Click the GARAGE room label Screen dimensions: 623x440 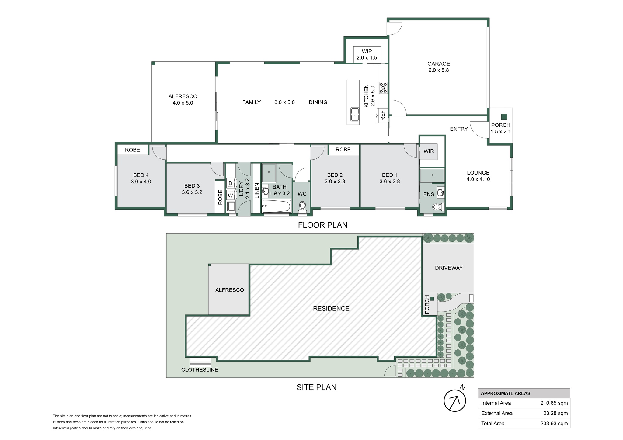[x=438, y=64]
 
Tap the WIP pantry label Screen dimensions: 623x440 [x=367, y=51]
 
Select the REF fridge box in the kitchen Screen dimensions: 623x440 [x=382, y=116]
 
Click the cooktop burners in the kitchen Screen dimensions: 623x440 [x=383, y=88]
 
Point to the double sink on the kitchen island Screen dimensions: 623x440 [x=355, y=114]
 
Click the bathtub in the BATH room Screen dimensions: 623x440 [x=276, y=206]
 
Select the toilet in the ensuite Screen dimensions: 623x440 [x=438, y=207]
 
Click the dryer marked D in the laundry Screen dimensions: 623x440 [x=230, y=183]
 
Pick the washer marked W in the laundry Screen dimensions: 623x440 [x=230, y=195]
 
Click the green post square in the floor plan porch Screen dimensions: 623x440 [x=504, y=116]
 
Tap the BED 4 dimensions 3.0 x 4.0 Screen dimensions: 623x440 [x=141, y=182]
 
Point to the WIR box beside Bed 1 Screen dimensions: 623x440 [x=429, y=151]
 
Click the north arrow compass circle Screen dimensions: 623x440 [x=455, y=401]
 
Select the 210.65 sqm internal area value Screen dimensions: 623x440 [x=554, y=403]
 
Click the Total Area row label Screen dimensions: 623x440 [x=493, y=423]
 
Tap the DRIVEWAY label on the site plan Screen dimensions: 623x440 [x=449, y=268]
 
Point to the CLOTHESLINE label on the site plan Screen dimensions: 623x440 [x=200, y=370]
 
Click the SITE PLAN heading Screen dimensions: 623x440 [x=316, y=387]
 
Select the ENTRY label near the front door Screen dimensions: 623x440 [x=459, y=129]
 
